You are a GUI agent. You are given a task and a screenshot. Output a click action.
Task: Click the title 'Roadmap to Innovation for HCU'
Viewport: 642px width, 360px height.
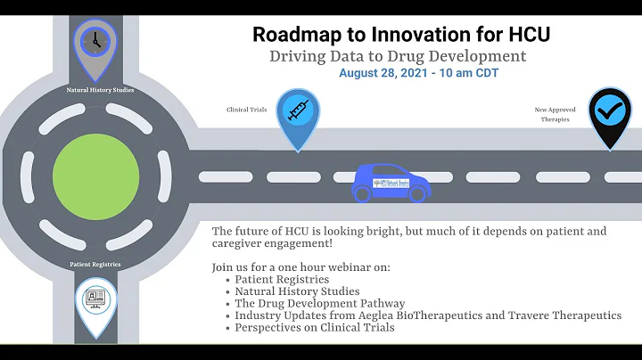pos(400,34)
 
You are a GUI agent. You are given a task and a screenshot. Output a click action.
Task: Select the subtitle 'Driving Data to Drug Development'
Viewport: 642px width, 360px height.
pos(398,56)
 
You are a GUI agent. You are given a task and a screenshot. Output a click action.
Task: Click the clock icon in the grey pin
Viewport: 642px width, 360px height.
pos(94,40)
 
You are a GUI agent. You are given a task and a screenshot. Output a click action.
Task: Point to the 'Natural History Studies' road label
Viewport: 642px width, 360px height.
pos(94,89)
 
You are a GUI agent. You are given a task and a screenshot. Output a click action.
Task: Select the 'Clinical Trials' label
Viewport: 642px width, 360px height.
pos(245,110)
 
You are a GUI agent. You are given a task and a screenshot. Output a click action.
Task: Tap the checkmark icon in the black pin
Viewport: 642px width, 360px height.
pos(610,110)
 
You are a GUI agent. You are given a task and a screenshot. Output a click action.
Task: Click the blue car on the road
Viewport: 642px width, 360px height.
pos(391,182)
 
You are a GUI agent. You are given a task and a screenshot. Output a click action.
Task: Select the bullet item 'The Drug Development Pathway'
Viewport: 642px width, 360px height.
pos(319,304)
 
